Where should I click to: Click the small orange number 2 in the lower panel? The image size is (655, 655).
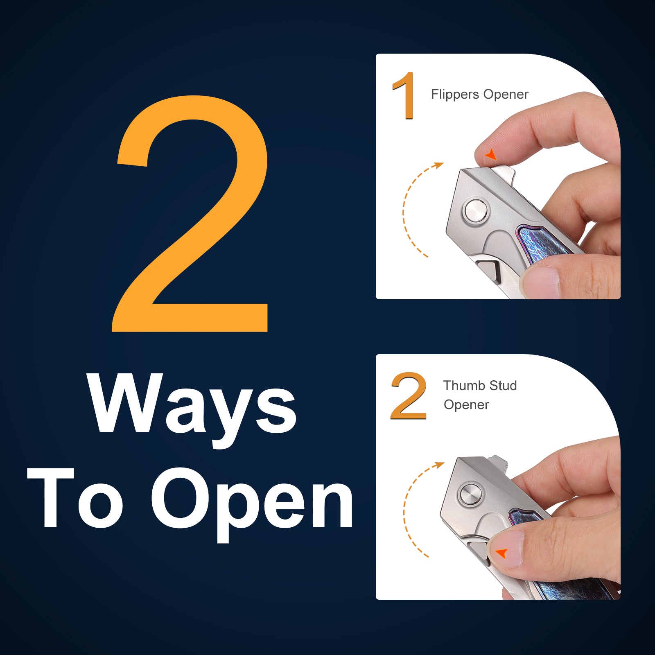click(x=409, y=396)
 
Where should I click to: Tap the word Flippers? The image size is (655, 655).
click(x=455, y=95)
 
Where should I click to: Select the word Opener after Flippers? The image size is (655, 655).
click(x=506, y=95)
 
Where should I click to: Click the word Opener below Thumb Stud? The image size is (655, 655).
click(x=466, y=405)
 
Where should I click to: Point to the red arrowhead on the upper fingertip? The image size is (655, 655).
click(x=490, y=154)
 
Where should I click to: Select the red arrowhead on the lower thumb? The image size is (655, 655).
click(x=501, y=553)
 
